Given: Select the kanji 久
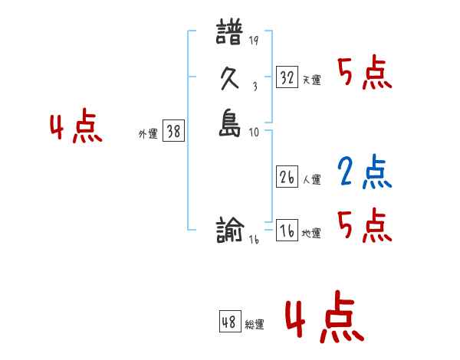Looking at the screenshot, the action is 230,80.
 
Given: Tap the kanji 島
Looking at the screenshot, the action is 230,124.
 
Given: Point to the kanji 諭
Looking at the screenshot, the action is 230,231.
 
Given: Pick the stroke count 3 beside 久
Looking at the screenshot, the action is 253,87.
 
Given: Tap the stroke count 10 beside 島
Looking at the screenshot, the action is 253,132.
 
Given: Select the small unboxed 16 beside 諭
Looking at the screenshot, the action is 254,239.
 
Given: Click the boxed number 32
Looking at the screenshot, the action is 287,77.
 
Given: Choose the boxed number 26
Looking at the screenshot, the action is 287,177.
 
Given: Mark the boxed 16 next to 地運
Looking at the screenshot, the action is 287,231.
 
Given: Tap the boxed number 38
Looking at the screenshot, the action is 173,131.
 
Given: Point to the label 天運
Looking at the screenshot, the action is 311,80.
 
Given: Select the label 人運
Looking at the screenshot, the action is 311,180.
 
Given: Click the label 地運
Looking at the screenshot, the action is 311,234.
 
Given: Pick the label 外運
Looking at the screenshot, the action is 148,133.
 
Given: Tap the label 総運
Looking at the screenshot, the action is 255,325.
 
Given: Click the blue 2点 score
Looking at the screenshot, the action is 364,172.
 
